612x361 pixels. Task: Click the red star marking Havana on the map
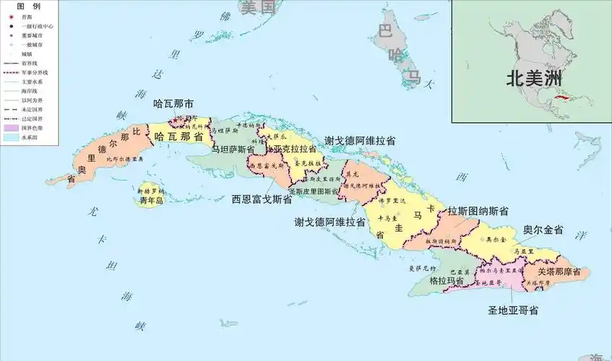coord(174,121)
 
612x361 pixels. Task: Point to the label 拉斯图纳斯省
coord(478,212)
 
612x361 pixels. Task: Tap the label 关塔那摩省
coord(564,272)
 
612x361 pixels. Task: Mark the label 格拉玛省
coord(447,280)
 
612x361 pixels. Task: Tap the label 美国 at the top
coord(259,8)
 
